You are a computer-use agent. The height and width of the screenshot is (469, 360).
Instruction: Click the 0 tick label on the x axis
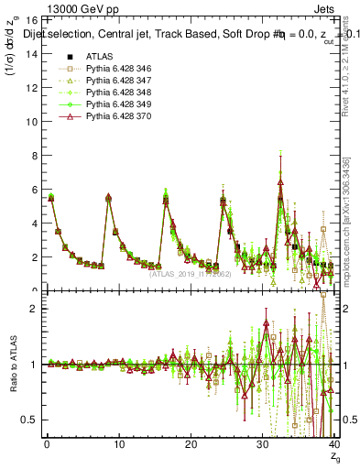(x=47, y=446)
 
